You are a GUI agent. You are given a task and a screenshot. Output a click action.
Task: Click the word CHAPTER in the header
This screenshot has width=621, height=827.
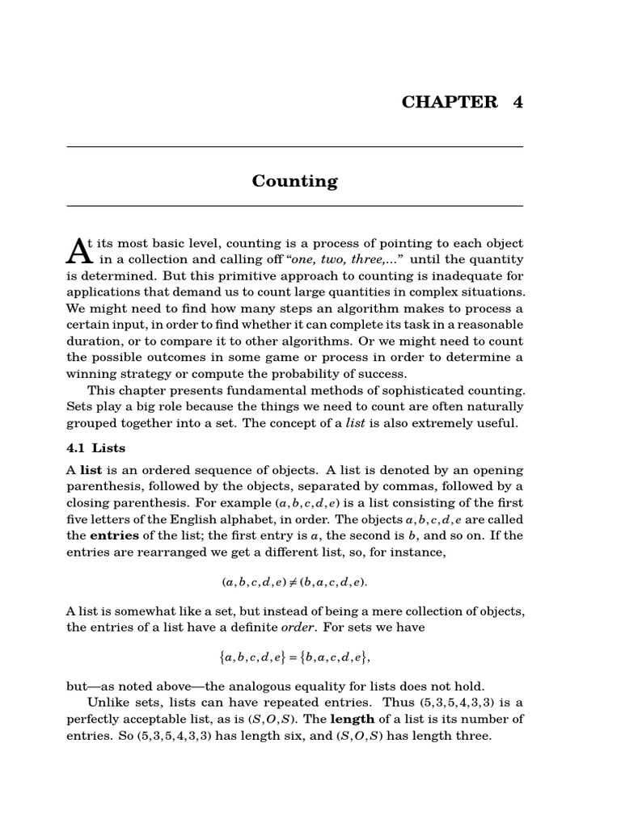pyautogui.click(x=450, y=102)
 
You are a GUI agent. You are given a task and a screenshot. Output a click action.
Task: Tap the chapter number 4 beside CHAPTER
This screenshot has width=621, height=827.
pyautogui.click(x=517, y=102)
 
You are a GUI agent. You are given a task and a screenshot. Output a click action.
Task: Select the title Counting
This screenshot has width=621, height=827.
pyautogui.click(x=294, y=181)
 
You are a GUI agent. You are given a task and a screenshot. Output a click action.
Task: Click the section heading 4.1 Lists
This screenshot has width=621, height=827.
pyautogui.click(x=95, y=447)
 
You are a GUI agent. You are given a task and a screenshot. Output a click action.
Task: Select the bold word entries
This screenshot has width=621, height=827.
pyautogui.click(x=114, y=535)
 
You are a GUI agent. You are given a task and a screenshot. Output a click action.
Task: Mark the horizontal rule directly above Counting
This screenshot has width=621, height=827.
pyautogui.click(x=294, y=147)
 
